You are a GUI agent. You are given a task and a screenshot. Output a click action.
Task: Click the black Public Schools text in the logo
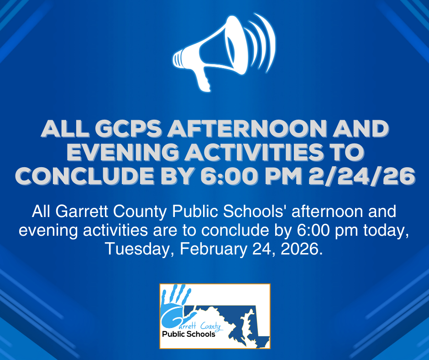[x=188, y=334]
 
